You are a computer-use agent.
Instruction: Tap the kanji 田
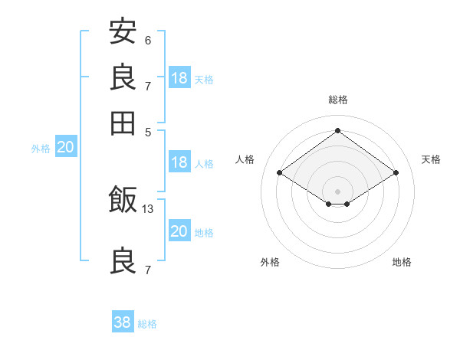123,123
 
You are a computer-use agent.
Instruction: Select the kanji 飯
123,201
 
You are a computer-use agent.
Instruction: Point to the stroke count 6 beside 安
148,39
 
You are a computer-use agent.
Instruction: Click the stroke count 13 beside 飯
148,208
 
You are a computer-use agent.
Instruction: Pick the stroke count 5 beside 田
148,131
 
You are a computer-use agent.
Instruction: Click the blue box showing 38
123,322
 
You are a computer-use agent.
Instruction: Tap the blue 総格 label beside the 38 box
147,324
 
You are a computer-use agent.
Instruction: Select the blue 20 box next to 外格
65,148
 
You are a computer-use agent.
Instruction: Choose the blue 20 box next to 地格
179,231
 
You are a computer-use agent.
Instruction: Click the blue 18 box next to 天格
179,77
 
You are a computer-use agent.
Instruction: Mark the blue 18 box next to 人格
179,162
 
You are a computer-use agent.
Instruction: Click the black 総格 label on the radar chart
338,100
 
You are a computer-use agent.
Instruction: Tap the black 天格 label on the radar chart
431,159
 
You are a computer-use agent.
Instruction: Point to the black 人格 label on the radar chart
245,159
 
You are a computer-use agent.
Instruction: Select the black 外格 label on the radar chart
270,262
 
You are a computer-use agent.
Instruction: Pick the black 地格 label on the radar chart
402,262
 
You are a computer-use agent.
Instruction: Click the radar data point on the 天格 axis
396,173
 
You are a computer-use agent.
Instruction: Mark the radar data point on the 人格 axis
280,173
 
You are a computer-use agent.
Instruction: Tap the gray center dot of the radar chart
338,191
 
